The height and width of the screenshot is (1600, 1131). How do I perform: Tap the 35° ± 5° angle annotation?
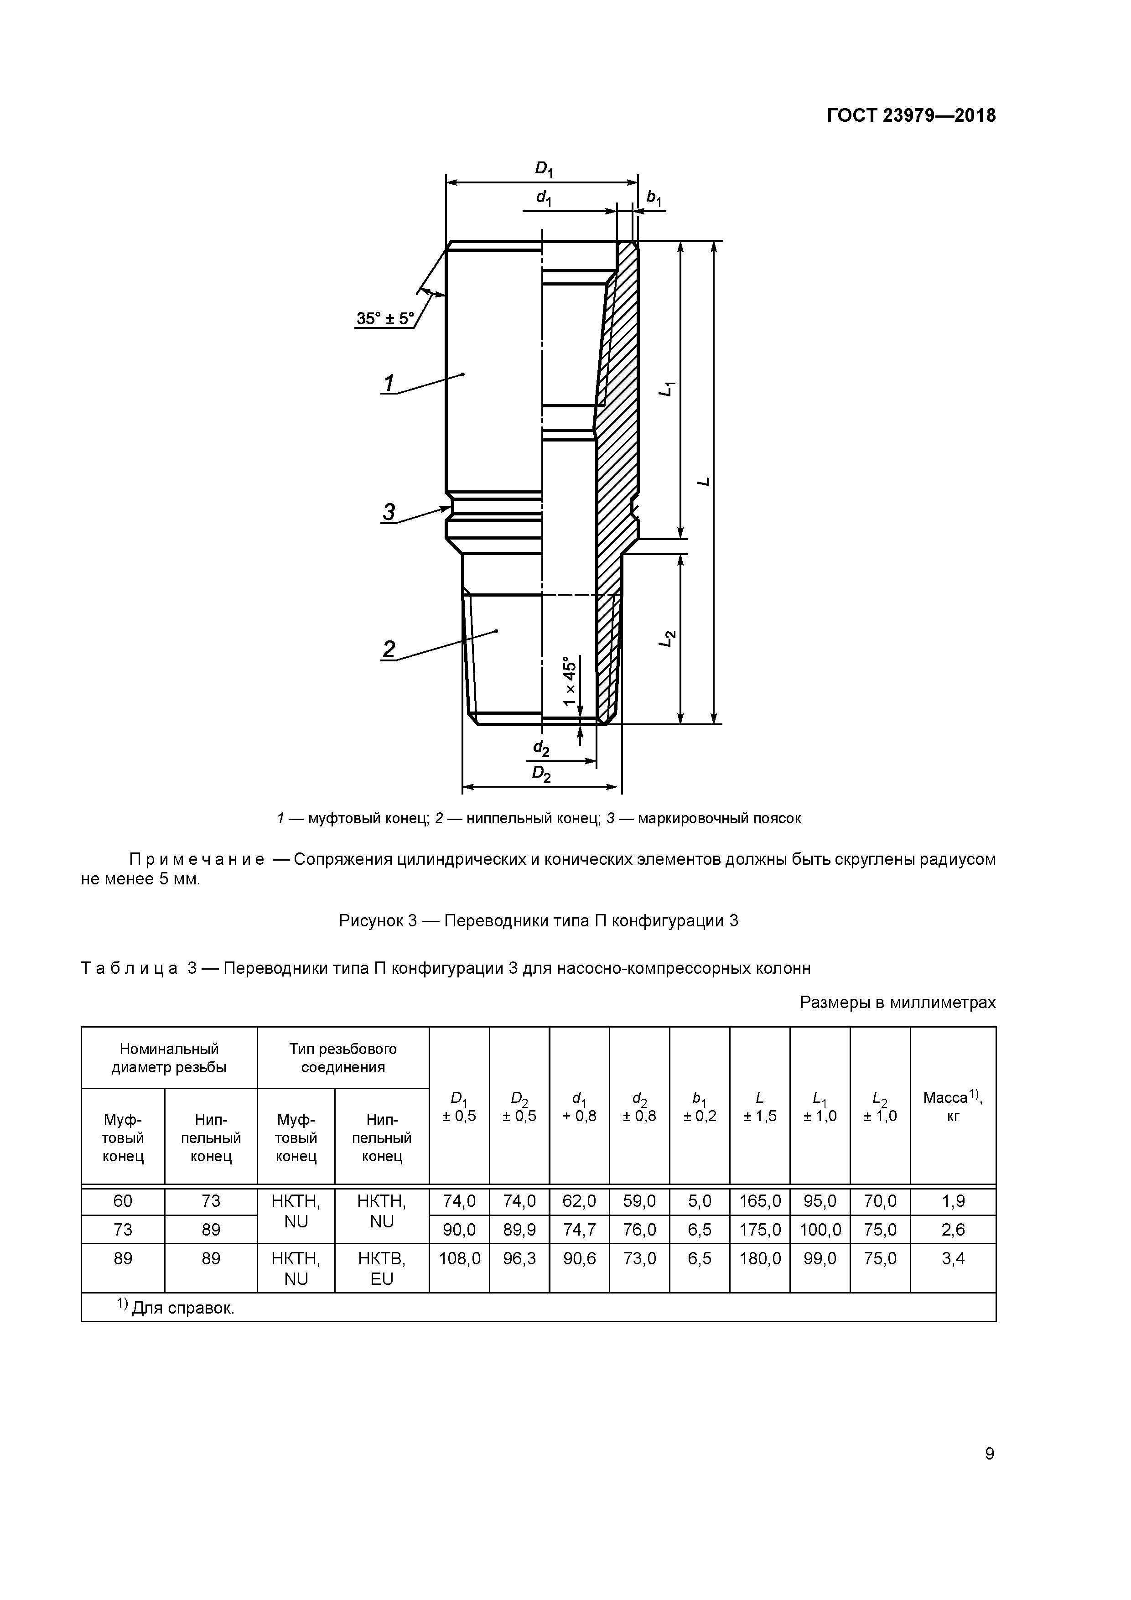384,318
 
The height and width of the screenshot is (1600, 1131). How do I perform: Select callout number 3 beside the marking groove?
388,512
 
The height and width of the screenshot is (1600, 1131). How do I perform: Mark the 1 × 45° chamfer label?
570,680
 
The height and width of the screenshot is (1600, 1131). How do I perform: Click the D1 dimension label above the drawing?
543,169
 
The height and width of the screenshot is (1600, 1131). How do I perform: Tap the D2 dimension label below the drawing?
541,774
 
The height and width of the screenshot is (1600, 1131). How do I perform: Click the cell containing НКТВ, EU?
382,1268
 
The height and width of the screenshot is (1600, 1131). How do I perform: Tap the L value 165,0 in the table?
760,1201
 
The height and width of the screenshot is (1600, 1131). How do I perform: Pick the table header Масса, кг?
953,1106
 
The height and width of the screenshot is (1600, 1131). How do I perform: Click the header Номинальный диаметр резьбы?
169,1058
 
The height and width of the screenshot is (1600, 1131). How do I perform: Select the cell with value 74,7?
579,1230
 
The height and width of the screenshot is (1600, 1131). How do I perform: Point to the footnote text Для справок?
182,1308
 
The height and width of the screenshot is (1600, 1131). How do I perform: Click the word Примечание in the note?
197,859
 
